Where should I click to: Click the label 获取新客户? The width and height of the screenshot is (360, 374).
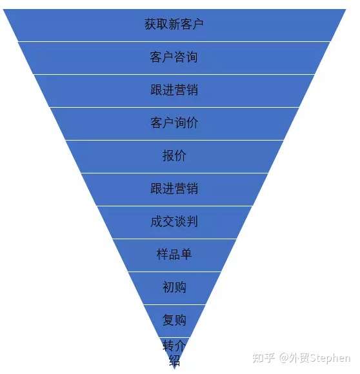[174, 25]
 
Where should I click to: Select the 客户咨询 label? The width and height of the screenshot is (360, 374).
[174, 57]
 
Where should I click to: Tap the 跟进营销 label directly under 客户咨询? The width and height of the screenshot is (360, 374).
[174, 90]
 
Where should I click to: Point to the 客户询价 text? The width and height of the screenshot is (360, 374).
[174, 123]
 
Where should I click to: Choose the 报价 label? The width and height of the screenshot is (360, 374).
[174, 155]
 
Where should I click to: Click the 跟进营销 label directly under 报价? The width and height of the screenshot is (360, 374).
[174, 188]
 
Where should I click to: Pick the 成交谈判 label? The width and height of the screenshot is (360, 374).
[174, 221]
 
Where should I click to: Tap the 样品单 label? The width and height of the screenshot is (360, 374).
[174, 254]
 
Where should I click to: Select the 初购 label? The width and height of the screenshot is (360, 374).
[174, 287]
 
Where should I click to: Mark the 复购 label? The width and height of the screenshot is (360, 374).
[174, 320]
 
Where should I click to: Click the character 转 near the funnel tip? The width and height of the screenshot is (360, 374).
[168, 346]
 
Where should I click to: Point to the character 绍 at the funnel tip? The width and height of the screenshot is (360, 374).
[174, 360]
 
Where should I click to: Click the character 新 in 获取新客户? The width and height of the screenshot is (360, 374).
[174, 25]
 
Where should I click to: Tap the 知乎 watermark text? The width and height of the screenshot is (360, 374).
[264, 358]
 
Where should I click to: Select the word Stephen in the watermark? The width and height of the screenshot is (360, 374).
[330, 359]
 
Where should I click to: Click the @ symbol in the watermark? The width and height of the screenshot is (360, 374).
[284, 359]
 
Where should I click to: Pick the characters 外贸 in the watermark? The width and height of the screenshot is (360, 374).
[299, 358]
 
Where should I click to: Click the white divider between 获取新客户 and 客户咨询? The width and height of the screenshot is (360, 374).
[174, 41]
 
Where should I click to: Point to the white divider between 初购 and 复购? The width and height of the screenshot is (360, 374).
[174, 305]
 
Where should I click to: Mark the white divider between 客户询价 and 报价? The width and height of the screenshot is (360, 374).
[174, 141]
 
